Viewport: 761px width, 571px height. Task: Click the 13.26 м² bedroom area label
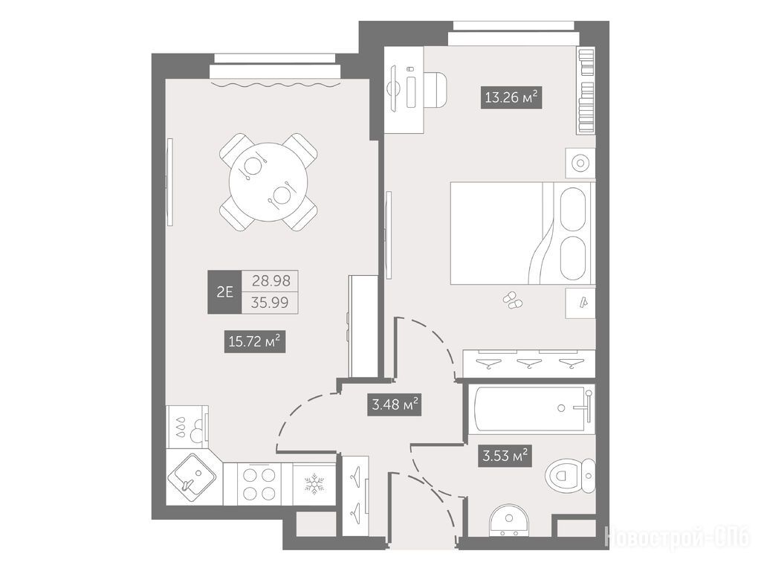(511, 97)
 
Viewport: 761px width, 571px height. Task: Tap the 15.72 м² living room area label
(254, 341)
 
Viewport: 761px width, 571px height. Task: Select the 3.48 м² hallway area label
(393, 404)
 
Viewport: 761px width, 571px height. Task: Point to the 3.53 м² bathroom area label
(505, 456)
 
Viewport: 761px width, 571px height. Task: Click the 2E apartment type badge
(224, 291)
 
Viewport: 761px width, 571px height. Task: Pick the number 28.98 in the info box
(271, 280)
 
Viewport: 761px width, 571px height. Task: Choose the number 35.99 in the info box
(270, 303)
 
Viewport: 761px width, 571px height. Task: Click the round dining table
(268, 182)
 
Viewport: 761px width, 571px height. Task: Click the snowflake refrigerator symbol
(314, 484)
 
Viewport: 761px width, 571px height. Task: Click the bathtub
(532, 409)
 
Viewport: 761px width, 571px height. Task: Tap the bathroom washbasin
(508, 520)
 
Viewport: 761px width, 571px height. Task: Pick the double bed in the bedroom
(522, 233)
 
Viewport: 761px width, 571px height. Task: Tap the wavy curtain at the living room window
(274, 85)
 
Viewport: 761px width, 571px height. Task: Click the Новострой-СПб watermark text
(679, 537)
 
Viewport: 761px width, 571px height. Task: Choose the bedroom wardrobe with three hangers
(529, 363)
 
